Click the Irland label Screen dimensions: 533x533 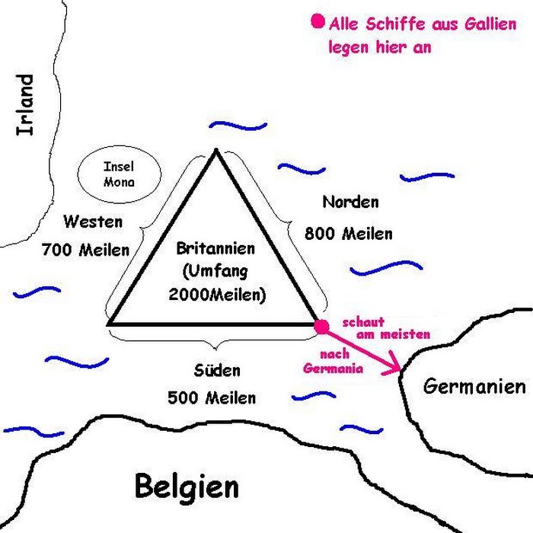point(25,104)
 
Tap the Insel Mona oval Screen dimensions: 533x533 point(119,174)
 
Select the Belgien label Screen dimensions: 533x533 point(187,485)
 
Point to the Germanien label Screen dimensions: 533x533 point(474,386)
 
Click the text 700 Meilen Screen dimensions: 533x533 point(85,249)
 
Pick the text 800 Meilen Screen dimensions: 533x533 point(349,233)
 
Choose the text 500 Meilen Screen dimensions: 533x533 point(212,397)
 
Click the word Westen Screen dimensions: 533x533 point(93,222)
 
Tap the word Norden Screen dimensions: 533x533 point(350,202)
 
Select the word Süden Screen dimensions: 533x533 point(217,371)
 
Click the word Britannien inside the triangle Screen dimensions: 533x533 point(215,248)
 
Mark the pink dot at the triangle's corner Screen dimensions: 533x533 point(321,326)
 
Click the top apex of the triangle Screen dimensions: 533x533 point(216,150)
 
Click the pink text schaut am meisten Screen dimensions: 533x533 point(387,328)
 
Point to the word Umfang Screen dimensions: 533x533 point(216,270)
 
